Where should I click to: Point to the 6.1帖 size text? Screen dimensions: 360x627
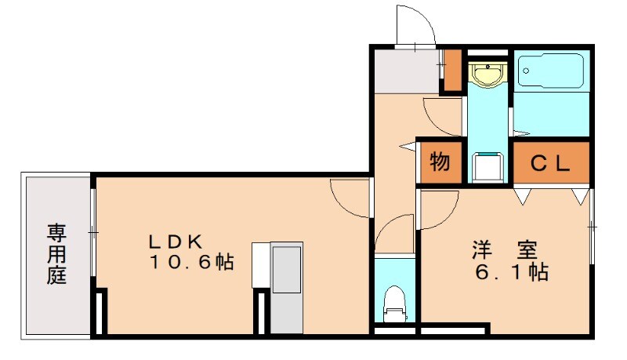coord(511,274)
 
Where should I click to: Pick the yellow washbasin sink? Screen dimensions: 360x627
coord(487,75)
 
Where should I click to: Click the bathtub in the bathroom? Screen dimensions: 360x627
coord(551,73)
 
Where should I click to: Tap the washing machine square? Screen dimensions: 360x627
coord(489,165)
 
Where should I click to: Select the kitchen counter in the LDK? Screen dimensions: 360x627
coord(285,286)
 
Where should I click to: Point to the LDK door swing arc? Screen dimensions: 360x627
coord(349,196)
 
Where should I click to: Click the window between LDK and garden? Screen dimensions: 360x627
coord(93,232)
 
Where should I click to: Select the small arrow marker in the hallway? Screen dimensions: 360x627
coord(405,146)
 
